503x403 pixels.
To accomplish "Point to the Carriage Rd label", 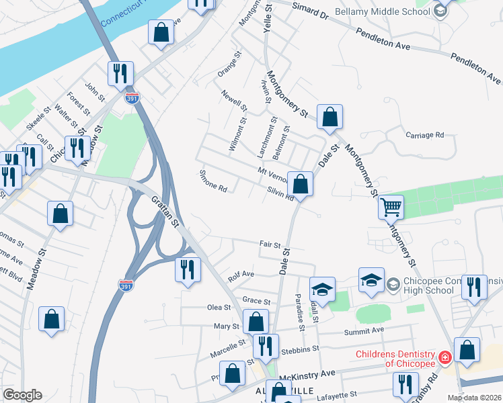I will (x=425, y=135).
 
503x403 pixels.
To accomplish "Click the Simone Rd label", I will (x=213, y=181).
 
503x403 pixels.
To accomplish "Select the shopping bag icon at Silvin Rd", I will (x=301, y=184).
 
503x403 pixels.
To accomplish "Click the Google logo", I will (x=22, y=395).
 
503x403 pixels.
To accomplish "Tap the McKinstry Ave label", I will (x=308, y=373).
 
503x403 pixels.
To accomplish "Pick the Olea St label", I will (x=219, y=307).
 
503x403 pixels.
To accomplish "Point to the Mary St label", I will (x=226, y=326).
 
